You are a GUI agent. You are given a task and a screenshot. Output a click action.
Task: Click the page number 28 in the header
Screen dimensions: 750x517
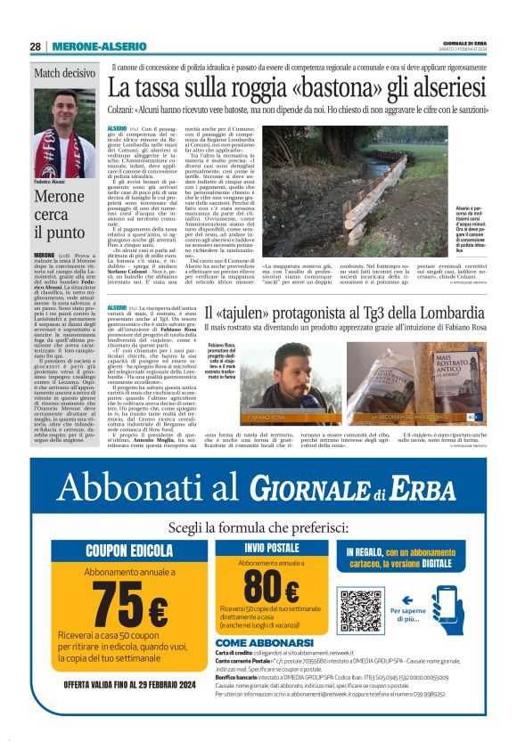(35, 45)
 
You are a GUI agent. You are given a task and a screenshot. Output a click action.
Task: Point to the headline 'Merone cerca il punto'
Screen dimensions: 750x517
(59, 216)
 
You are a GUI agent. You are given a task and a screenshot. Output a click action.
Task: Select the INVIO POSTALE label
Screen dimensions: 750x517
(272, 548)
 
